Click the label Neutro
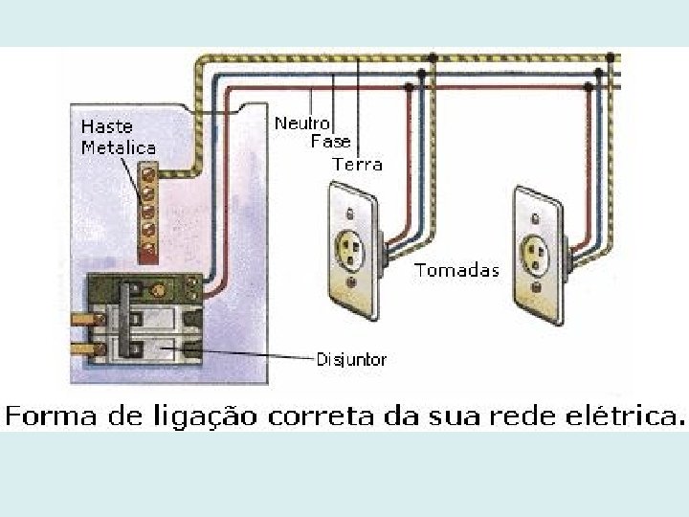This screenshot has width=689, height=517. click(302, 124)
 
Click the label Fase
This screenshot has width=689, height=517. click(331, 142)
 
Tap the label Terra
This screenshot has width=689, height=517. click(357, 164)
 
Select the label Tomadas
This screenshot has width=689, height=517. click(456, 270)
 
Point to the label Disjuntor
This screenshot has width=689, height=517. click(351, 360)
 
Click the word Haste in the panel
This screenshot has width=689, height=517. click(106, 126)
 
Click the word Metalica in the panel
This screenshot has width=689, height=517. click(118, 147)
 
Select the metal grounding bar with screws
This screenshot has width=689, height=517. click(148, 211)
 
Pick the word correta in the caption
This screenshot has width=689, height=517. click(346, 416)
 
